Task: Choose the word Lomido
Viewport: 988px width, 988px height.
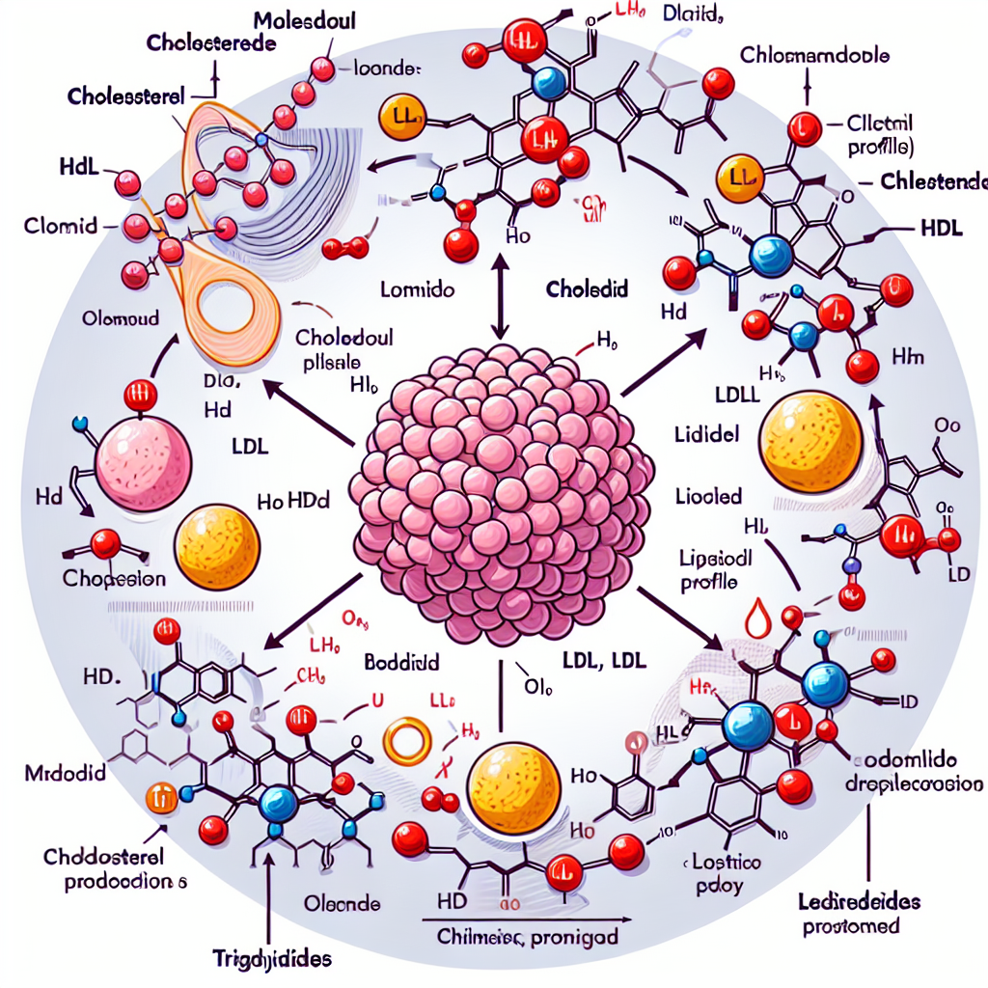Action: [x=413, y=288]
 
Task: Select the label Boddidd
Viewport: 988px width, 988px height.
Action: [x=402, y=663]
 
